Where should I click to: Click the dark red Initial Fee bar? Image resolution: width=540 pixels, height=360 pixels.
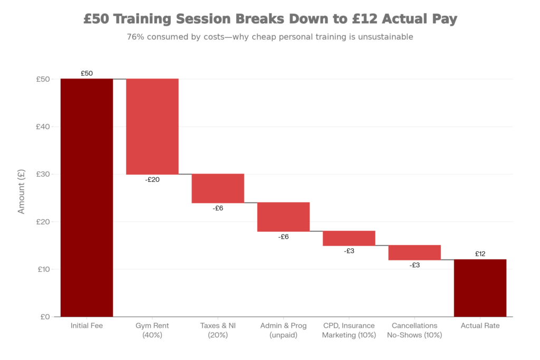click(86, 197)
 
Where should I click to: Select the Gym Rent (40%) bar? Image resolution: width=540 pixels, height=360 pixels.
click(152, 127)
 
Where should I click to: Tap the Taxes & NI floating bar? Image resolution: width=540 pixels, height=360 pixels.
click(218, 188)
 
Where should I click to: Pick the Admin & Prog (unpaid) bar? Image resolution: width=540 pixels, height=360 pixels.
click(283, 217)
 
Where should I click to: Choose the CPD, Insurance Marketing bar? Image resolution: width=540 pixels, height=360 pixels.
click(349, 238)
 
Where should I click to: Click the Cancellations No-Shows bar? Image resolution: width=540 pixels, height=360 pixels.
click(414, 252)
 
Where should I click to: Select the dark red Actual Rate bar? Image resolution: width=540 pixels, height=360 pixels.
click(480, 288)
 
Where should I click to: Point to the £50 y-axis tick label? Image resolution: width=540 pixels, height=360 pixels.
click(43, 79)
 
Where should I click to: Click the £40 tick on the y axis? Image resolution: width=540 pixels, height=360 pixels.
click(43, 127)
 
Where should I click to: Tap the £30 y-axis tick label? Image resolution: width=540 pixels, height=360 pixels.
click(43, 174)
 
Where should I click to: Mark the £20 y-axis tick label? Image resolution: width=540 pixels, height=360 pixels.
click(43, 221)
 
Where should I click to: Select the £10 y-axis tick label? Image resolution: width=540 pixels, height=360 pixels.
click(43, 269)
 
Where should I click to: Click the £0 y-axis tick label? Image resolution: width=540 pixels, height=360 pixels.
click(45, 316)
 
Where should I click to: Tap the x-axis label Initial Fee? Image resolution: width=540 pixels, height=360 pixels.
click(86, 326)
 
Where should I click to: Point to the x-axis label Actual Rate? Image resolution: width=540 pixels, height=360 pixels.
click(480, 326)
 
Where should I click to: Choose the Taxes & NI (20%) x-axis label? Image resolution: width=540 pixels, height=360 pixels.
click(218, 330)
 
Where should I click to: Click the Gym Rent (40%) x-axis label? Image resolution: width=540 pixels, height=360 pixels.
click(152, 330)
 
